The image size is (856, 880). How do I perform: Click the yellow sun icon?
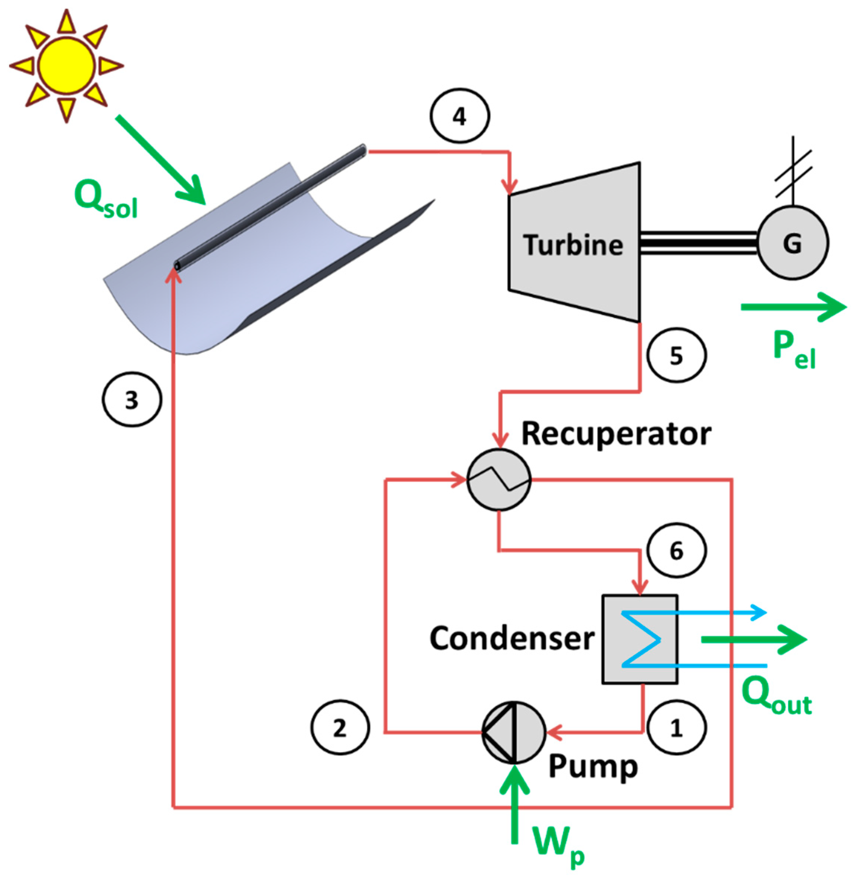click(66, 66)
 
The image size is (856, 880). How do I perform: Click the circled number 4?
click(460, 116)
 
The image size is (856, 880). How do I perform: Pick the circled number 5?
click(677, 355)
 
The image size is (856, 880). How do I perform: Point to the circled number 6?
click(677, 550)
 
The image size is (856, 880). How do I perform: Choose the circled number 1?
click(677, 727)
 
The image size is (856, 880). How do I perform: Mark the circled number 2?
click(340, 727)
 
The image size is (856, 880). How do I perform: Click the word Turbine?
click(573, 245)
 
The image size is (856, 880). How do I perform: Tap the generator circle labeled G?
click(793, 243)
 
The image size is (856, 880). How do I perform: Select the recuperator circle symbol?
click(499, 480)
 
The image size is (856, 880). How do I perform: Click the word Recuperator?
click(616, 434)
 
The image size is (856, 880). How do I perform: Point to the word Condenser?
click(512, 638)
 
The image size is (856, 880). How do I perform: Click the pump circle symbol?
click(514, 733)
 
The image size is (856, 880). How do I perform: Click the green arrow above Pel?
click(794, 307)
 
